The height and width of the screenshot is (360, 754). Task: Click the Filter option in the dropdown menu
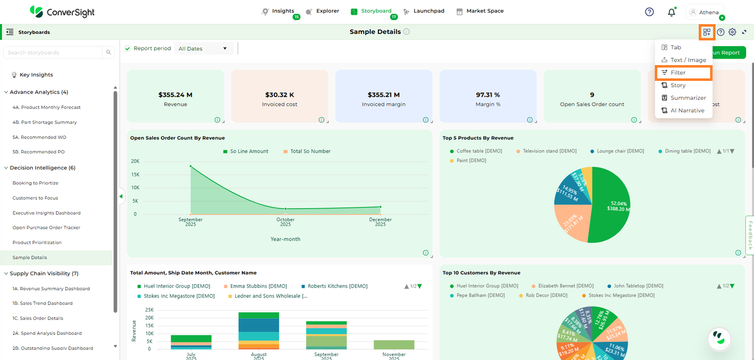coord(678,72)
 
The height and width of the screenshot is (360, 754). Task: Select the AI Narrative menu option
coord(687,110)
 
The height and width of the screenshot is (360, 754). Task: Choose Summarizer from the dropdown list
coord(688,98)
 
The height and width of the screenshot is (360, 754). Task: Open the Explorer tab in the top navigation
coord(327,11)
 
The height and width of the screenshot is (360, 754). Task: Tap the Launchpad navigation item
coord(428,11)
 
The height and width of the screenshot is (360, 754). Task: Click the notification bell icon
coord(671,12)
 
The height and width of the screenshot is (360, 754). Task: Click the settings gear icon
coord(732,32)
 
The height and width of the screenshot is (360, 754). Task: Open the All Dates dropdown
coord(203,48)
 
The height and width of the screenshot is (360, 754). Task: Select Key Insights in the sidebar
coord(36,75)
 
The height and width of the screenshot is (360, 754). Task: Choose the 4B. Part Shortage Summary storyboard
coord(44,122)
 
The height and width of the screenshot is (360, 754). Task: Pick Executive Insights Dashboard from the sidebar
coord(46,213)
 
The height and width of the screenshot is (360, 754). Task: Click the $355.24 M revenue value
coord(175,95)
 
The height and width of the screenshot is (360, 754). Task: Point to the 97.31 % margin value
coord(488,95)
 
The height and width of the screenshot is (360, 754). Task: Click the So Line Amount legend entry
coord(249,151)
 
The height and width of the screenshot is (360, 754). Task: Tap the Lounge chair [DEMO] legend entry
coord(620,151)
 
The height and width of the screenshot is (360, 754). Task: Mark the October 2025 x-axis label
coord(285,222)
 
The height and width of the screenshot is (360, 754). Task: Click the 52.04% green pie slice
coord(612,207)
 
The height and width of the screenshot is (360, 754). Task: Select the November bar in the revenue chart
coord(394,344)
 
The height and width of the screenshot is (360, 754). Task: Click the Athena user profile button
coord(705,12)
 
